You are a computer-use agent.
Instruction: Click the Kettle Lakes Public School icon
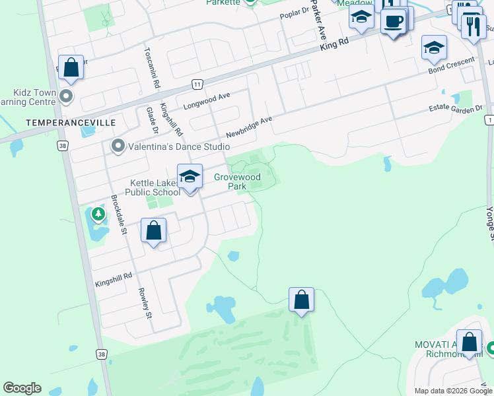pos(190,176)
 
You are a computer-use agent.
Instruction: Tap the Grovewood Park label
pos(237,181)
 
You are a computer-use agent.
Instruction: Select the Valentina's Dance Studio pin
pos(118,146)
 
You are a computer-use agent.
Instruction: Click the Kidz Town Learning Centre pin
pos(65,97)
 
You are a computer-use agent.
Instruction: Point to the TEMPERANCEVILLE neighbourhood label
pos(71,123)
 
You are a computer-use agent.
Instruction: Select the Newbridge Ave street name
pos(248,125)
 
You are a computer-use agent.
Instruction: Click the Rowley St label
pos(145,303)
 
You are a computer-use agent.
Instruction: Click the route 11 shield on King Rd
pos(197,84)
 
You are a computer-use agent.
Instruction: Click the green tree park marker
pos(98,214)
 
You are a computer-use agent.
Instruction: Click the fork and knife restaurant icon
pos(473,26)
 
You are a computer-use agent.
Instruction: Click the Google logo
pos(22,388)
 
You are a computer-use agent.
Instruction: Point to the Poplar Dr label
pos(295,13)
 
